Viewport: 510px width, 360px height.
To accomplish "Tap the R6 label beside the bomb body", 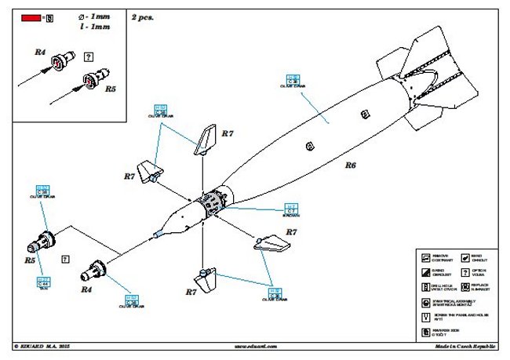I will [x=350, y=165].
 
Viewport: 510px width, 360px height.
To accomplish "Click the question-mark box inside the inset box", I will [x=89, y=57].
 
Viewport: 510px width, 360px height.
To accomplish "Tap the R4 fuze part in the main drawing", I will [x=97, y=269].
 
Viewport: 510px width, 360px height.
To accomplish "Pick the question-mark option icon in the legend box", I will [x=466, y=271].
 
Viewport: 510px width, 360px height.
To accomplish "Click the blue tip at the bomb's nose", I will [x=157, y=232].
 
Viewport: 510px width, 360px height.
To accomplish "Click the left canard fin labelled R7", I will [x=148, y=169].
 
